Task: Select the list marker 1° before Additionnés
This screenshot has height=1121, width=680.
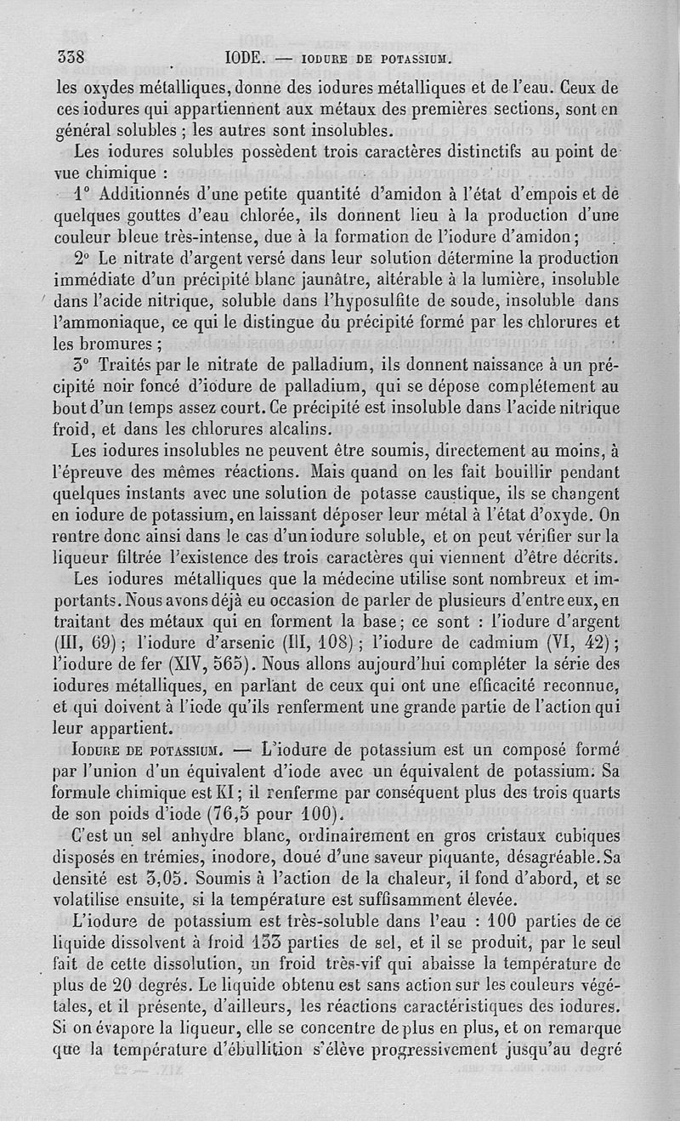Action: coord(83,193)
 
